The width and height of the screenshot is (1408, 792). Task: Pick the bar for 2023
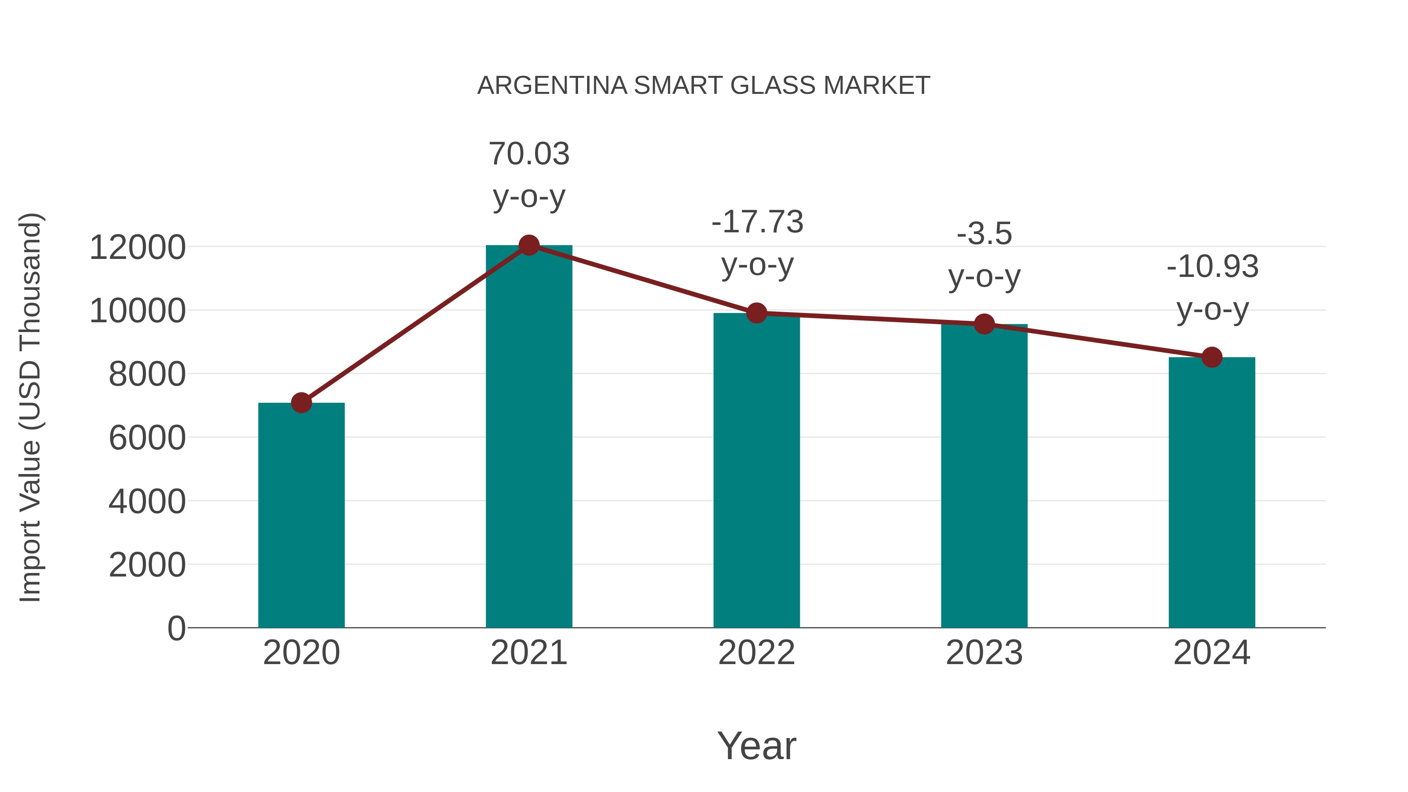[x=984, y=476]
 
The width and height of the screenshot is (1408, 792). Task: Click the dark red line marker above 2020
[x=301, y=403]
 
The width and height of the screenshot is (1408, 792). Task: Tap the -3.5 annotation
[x=984, y=234]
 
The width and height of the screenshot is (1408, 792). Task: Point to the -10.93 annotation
[x=1212, y=267]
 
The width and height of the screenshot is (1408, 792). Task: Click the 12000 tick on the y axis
[x=137, y=248]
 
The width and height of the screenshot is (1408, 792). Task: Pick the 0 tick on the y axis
[x=176, y=628]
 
